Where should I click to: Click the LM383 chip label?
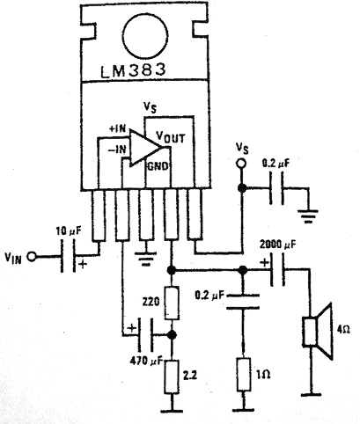(133, 70)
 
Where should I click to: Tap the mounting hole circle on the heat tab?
(146, 36)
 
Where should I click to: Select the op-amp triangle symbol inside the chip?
(146, 147)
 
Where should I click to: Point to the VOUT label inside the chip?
(171, 137)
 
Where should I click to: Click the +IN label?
(117, 128)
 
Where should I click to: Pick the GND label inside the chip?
(158, 166)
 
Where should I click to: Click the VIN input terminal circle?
(31, 257)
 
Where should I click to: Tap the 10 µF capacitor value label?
(69, 231)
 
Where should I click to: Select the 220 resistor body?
(172, 303)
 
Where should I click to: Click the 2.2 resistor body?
(172, 377)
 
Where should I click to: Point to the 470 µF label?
(146, 362)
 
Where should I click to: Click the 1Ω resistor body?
(244, 374)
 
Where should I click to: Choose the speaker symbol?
(318, 332)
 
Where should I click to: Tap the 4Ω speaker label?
(343, 330)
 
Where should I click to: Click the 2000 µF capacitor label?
(278, 244)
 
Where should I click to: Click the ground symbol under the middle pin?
(145, 259)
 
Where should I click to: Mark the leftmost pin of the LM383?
(99, 216)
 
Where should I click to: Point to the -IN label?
(117, 150)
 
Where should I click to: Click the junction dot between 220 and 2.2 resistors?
(172, 334)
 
